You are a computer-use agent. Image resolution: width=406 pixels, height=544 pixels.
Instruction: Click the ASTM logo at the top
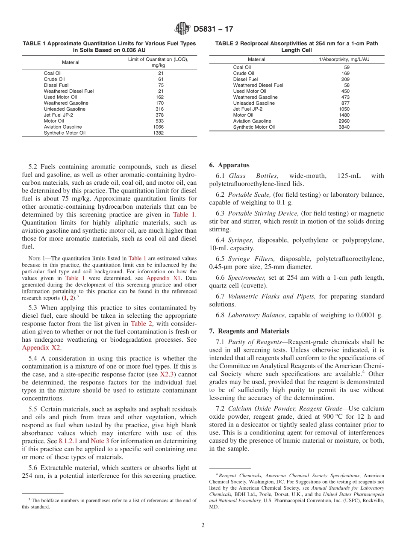[182, 29]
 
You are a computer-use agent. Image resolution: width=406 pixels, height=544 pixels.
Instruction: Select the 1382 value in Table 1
[158, 133]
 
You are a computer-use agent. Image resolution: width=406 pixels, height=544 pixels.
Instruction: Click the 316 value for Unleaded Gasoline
[158, 109]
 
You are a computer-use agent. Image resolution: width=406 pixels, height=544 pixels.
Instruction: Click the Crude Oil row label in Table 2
[243, 73]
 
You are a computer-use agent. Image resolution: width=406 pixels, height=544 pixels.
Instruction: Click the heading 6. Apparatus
[229, 165]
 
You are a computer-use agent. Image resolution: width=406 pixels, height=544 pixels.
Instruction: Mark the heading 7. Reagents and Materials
[249, 331]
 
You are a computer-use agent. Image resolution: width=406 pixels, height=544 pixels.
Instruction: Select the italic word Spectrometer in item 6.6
[243, 278]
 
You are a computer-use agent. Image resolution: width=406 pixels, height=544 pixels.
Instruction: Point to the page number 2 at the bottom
[203, 525]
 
